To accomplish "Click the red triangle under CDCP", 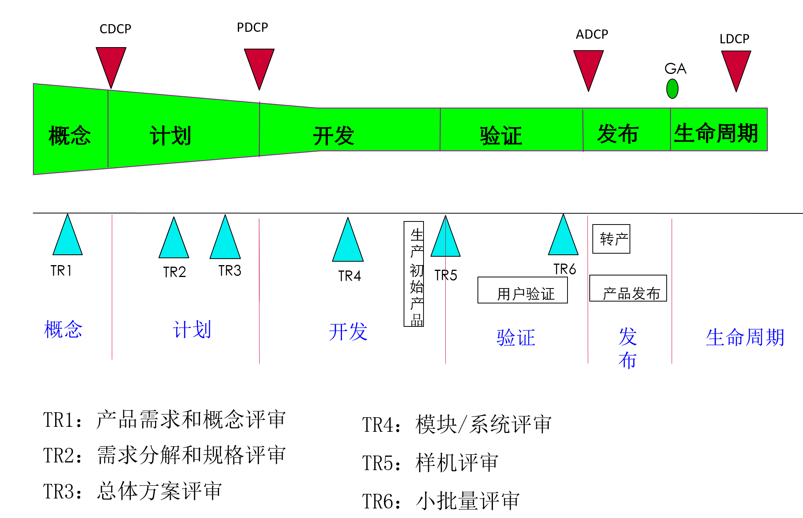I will pyautogui.click(x=111, y=64).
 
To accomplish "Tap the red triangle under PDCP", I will pyautogui.click(x=259, y=65).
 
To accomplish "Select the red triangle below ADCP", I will pyautogui.click(x=589, y=67).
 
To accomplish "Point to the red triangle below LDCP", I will pyautogui.click(x=736, y=67).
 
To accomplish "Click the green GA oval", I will pyautogui.click(x=672, y=89).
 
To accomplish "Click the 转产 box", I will pyautogui.click(x=611, y=239).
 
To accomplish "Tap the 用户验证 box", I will pyautogui.click(x=523, y=290).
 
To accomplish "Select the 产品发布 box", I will pyautogui.click(x=628, y=289).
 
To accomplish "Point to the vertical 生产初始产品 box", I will pyautogui.click(x=414, y=274).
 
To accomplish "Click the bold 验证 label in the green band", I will pyautogui.click(x=501, y=136).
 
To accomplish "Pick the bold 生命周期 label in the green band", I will pyautogui.click(x=716, y=133).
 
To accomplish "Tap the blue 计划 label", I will pyautogui.click(x=192, y=329).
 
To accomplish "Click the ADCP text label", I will pyautogui.click(x=592, y=34).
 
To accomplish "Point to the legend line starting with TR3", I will pyautogui.click(x=132, y=491).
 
